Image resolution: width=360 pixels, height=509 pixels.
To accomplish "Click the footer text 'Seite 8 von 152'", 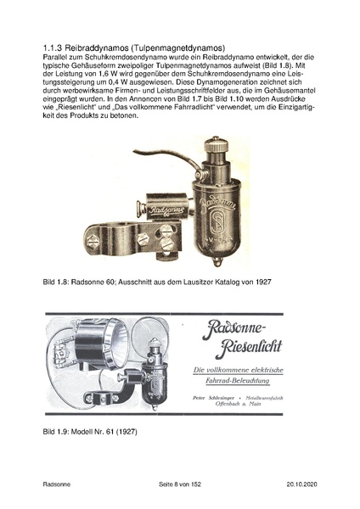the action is point(180,484).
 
